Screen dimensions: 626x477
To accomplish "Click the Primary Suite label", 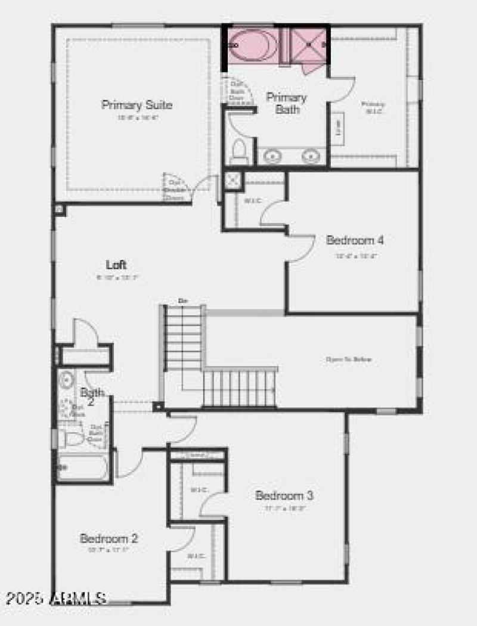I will click(137, 106).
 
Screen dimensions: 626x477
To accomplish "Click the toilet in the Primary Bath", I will click(239, 150).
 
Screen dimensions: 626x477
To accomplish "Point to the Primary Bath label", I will click(287, 103).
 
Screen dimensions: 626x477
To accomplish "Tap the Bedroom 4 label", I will click(355, 240).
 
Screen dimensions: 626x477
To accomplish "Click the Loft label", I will click(116, 265).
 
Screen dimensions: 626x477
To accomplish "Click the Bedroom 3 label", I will click(284, 495).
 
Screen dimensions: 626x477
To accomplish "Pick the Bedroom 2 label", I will click(109, 538).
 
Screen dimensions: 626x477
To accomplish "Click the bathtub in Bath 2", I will click(83, 467).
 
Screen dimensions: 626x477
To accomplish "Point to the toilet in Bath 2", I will click(72, 439).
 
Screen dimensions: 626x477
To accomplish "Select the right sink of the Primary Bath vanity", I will click(310, 157).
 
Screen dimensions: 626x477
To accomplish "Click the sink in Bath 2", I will click(66, 379).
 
